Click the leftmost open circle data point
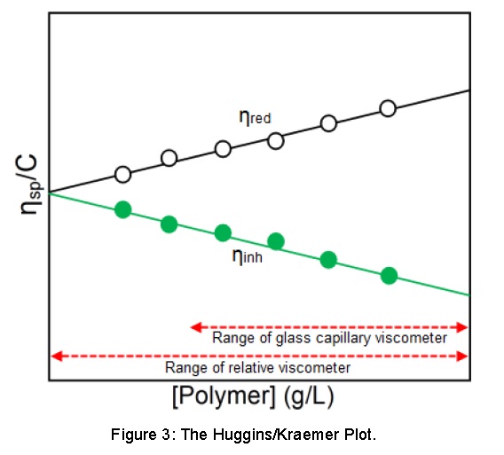click(x=123, y=174)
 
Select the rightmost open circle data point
click(x=388, y=108)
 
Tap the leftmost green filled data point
click(x=123, y=209)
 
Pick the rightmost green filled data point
click(x=389, y=275)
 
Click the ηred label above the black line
click(x=255, y=117)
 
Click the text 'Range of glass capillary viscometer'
click(x=329, y=338)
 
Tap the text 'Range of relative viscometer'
click(x=258, y=367)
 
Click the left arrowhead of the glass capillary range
click(x=196, y=327)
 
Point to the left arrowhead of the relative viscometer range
click(x=56, y=356)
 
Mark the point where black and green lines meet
click(x=50, y=192)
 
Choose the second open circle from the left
click(x=169, y=158)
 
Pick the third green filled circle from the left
click(x=223, y=232)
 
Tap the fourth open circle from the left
click(x=276, y=140)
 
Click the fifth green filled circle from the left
click(x=328, y=259)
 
